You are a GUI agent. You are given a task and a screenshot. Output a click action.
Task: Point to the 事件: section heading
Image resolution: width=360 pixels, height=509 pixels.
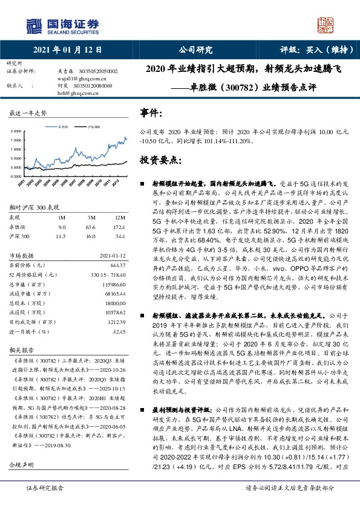tap(151, 113)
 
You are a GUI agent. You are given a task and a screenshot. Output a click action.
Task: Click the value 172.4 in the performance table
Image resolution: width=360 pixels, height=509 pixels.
tap(119, 227)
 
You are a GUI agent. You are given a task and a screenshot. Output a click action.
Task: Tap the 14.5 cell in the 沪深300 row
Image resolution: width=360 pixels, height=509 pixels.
tap(61, 235)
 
